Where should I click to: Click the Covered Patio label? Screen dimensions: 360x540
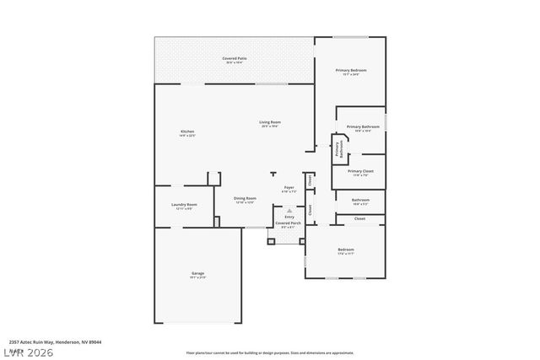coord(233,58)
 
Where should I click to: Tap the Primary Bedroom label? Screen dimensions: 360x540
coord(350,71)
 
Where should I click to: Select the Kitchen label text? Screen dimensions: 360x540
coord(187,132)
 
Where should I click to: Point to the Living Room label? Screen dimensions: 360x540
coord(270,123)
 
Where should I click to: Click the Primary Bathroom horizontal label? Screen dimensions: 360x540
coord(363,127)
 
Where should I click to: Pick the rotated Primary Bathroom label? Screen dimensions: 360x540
coord(339,149)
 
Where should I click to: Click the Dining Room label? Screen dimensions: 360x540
coord(246,199)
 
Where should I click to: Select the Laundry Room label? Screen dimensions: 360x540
coord(184,205)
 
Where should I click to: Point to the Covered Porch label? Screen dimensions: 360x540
coord(288,223)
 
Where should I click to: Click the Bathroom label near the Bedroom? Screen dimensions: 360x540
coord(360,200)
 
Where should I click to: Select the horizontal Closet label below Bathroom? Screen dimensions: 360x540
coord(359,219)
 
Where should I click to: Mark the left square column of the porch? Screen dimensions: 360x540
coord(271,241)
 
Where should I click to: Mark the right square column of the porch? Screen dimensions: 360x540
coord(305,241)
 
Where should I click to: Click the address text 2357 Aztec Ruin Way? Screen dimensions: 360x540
coord(51,341)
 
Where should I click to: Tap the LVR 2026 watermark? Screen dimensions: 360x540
coord(27,352)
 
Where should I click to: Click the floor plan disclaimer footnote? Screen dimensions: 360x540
coord(270,352)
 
